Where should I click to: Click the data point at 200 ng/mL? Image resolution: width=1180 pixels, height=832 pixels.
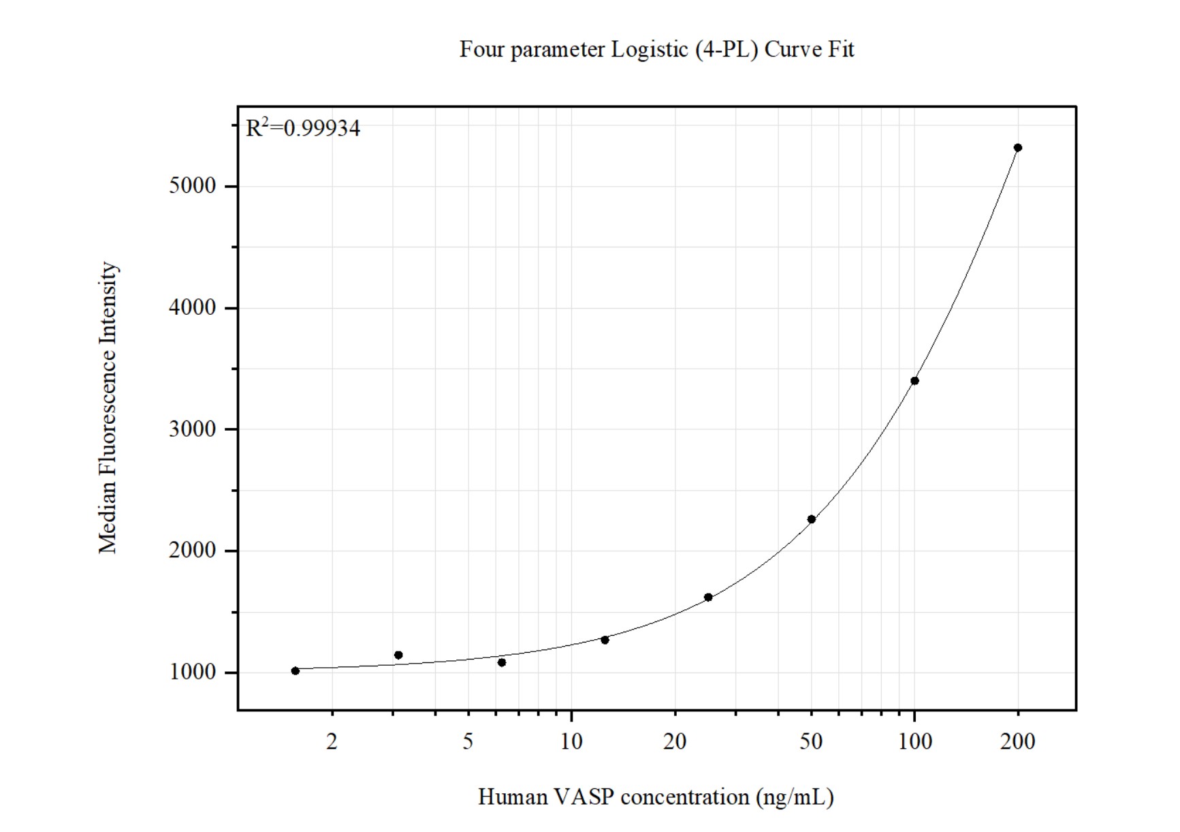[x=1017, y=148]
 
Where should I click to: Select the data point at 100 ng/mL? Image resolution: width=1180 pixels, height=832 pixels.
[x=914, y=381]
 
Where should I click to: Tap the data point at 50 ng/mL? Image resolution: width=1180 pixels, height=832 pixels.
[x=811, y=519]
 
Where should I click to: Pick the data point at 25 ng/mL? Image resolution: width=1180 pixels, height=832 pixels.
[x=708, y=598]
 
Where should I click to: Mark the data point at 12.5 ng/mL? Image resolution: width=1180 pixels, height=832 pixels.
[x=605, y=640]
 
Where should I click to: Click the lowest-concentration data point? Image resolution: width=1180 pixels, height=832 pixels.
[x=295, y=671]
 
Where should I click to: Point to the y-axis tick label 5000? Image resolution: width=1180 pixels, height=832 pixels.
[x=192, y=186]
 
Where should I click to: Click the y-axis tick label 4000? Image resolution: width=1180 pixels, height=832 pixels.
[x=192, y=308]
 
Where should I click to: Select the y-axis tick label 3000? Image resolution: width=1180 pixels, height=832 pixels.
[x=192, y=429]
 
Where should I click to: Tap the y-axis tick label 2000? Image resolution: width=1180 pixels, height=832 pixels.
[x=192, y=551]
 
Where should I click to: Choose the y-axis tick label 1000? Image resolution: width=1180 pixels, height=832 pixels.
[x=192, y=673]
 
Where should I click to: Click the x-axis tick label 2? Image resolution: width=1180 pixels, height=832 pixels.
[x=332, y=741]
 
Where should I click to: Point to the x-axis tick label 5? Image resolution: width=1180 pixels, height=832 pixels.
[x=468, y=741]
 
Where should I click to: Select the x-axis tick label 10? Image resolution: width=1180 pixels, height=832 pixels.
[x=571, y=741]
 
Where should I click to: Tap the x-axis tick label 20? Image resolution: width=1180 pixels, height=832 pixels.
[x=675, y=741]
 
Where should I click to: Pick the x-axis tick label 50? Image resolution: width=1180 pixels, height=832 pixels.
[x=811, y=741]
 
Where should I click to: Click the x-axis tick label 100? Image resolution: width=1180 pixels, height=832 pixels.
[x=914, y=741]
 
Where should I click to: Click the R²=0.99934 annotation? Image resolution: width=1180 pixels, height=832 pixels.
[x=303, y=127]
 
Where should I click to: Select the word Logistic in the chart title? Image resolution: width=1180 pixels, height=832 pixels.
[x=649, y=50]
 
